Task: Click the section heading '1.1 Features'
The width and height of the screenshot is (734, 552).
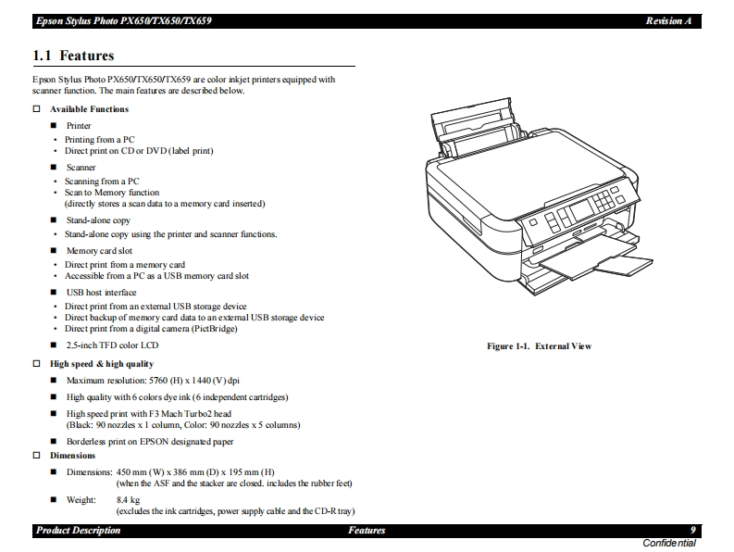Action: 73,56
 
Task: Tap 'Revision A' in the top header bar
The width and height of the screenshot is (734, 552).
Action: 668,20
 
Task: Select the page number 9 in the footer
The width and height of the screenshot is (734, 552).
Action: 692,531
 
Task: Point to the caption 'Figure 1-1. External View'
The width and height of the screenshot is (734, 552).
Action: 539,346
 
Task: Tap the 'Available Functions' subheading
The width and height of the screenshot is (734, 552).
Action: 89,109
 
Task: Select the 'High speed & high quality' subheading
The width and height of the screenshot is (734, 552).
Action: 102,364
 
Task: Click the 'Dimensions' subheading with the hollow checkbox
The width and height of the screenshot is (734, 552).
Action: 72,456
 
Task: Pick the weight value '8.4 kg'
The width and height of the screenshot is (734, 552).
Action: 128,500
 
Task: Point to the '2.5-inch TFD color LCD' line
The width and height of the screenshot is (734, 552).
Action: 112,345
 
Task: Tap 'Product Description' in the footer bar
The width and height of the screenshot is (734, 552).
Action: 78,531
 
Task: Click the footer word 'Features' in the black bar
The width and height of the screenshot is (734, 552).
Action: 367,531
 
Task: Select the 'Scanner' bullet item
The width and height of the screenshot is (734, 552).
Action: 81,168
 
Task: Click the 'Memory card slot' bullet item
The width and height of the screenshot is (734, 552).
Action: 99,251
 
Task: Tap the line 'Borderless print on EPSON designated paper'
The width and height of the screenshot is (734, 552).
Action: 150,442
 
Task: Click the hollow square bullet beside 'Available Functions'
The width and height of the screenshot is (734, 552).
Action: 37,109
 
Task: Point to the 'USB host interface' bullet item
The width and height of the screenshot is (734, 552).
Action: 101,293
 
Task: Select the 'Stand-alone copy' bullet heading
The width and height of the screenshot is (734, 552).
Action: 98,220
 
